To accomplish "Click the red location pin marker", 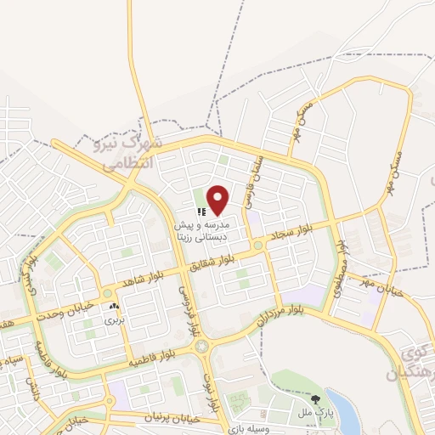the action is pos(218,200).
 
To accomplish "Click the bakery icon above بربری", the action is pos(114,306).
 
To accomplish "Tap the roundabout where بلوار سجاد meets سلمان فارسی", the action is pos(257,246).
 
